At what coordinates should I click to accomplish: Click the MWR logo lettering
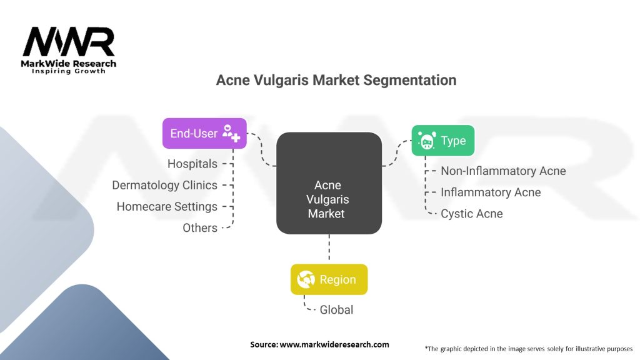(68, 42)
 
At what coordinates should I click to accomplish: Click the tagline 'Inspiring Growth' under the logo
(68, 71)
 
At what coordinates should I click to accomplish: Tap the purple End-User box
(204, 133)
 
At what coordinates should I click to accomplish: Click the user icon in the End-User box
(231, 133)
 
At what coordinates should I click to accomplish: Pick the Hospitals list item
(192, 164)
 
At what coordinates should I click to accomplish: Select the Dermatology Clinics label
(164, 185)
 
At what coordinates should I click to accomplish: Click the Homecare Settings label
(167, 206)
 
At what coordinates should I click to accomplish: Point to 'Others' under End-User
(200, 227)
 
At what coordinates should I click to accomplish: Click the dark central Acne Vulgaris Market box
(329, 183)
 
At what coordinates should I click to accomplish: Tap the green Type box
(442, 141)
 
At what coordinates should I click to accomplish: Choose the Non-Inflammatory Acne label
(503, 171)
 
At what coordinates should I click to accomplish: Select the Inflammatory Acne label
(491, 192)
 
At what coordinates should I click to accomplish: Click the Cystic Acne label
(471, 213)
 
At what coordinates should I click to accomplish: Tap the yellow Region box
(329, 279)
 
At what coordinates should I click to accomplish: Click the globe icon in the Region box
(306, 280)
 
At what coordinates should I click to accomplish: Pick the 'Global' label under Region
(336, 309)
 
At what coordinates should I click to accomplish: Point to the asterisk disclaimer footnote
(528, 348)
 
